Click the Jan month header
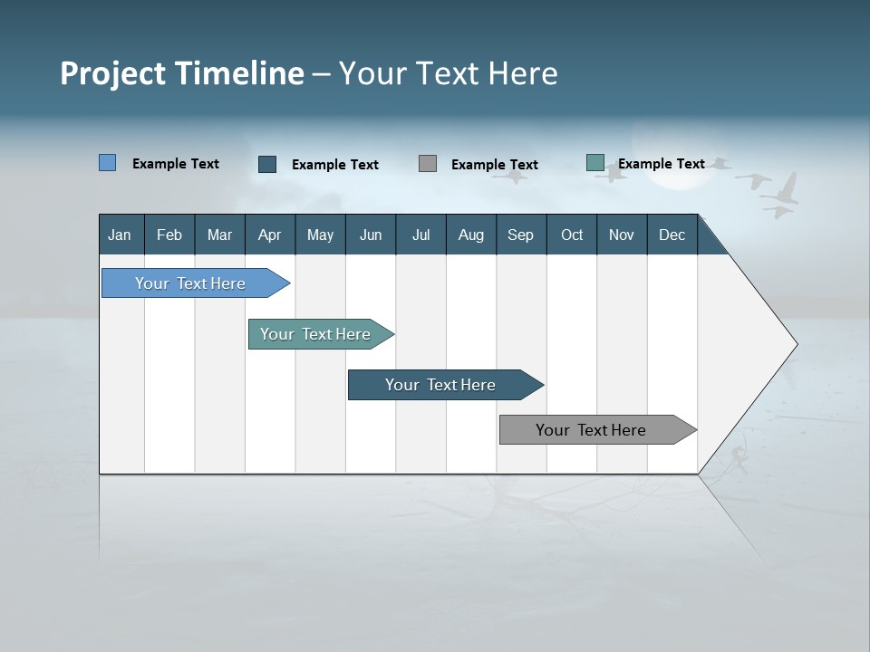tap(121, 235)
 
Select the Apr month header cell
tap(270, 235)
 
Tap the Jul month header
tap(420, 235)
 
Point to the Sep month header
tap(521, 235)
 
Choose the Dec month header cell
tap(672, 235)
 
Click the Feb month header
tap(169, 235)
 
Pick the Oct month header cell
tap(572, 235)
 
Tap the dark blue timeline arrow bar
tap(441, 385)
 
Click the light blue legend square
tap(108, 163)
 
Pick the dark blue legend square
tap(267, 164)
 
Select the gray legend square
tap(428, 163)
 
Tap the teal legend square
tap(595, 163)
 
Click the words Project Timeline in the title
tap(182, 73)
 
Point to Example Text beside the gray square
tap(495, 165)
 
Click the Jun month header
tap(371, 235)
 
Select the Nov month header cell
tap(622, 235)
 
